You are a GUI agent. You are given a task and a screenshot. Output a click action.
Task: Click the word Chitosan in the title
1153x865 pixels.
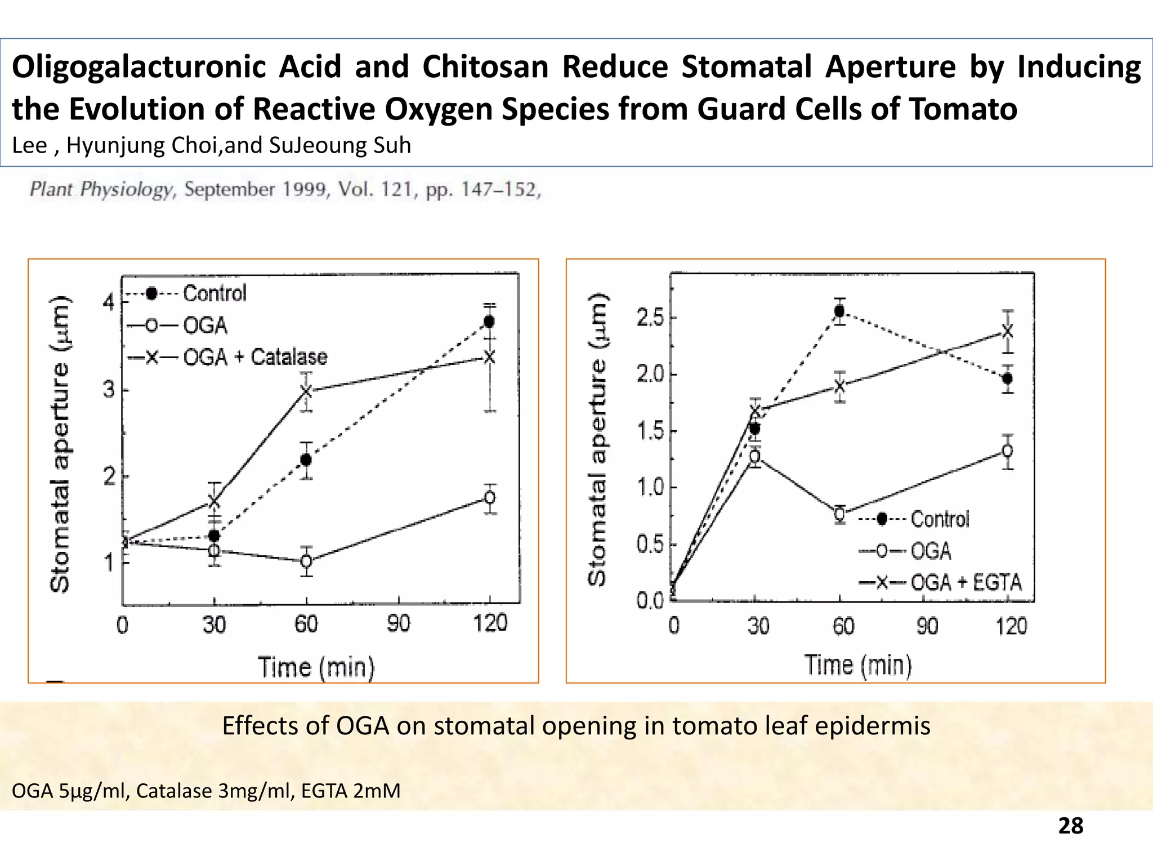pyautogui.click(x=485, y=66)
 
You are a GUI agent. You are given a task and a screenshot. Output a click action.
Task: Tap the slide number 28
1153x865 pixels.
pyautogui.click(x=1070, y=826)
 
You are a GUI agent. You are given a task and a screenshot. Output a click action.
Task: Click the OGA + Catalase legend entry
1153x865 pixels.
pyautogui.click(x=254, y=357)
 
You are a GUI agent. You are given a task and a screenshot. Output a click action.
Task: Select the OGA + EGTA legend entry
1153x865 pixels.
pyautogui.click(x=965, y=582)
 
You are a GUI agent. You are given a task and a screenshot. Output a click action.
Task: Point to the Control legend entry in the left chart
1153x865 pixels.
pyautogui.click(x=214, y=293)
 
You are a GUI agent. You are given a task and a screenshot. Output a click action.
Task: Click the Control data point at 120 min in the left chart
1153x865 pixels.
pyautogui.click(x=489, y=322)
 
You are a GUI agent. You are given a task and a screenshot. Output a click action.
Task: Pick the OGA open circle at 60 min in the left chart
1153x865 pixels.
pyautogui.click(x=306, y=561)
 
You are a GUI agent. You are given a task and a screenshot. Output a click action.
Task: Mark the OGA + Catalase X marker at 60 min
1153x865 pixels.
pyautogui.click(x=306, y=390)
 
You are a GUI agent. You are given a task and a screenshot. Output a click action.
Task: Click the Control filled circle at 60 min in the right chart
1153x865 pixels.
pyautogui.click(x=839, y=311)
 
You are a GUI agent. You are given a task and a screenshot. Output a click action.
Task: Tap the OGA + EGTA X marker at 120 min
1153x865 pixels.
pyautogui.click(x=1008, y=331)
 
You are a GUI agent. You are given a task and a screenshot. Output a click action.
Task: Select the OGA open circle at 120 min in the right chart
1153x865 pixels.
pyautogui.click(x=1008, y=451)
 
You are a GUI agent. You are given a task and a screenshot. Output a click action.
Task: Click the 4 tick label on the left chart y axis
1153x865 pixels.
pyautogui.click(x=108, y=303)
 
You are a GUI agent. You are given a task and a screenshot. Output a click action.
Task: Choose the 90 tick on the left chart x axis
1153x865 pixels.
pyautogui.click(x=399, y=624)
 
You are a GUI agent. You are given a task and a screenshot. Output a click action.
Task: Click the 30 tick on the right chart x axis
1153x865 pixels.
pyautogui.click(x=758, y=626)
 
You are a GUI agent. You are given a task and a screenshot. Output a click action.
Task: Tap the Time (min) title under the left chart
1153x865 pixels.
pyautogui.click(x=316, y=667)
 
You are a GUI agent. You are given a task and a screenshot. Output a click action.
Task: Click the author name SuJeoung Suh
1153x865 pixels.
pyautogui.click(x=340, y=145)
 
